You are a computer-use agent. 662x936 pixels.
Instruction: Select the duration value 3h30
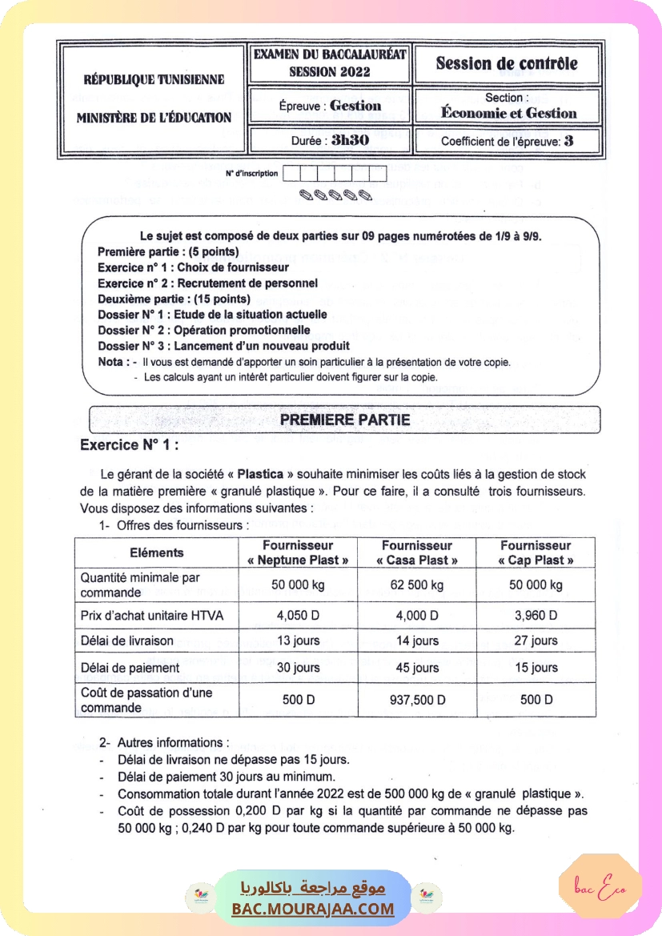point(350,140)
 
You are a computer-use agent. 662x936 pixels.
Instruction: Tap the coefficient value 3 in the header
point(569,141)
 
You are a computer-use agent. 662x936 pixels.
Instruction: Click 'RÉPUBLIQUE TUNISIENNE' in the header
point(154,80)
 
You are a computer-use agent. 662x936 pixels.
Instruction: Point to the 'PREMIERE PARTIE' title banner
point(345,420)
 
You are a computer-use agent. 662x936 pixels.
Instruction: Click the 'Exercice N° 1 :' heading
point(130,445)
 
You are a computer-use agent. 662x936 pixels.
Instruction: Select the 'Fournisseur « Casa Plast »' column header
point(416,552)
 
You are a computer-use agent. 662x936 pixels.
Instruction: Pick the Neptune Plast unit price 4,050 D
point(298,617)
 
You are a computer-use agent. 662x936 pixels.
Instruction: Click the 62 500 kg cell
point(416,585)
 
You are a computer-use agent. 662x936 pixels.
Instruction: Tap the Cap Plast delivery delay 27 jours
point(536,641)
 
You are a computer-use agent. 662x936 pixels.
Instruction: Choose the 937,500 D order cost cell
point(416,700)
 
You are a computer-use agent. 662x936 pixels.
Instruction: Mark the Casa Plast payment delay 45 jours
point(416,668)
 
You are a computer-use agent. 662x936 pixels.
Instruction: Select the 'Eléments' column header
point(157,552)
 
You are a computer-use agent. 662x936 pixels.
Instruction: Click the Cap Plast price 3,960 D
point(536,617)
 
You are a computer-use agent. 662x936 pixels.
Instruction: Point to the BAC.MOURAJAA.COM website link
point(313,909)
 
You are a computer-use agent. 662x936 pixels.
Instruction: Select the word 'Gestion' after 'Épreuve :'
point(355,106)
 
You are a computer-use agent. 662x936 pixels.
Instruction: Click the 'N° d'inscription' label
point(252,173)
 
